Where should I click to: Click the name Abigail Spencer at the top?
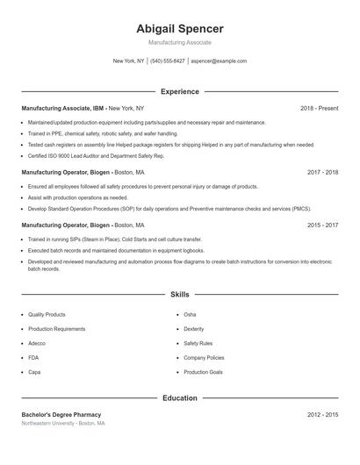pyautogui.click(x=180, y=28)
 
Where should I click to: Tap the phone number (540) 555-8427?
pyautogui.click(x=168, y=61)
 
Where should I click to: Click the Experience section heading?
pyautogui.click(x=180, y=91)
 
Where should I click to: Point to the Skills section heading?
pyautogui.click(x=180, y=295)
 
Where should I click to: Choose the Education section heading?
pyautogui.click(x=180, y=398)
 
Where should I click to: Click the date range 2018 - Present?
pyautogui.click(x=319, y=108)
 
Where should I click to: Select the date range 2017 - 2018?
pyautogui.click(x=322, y=173)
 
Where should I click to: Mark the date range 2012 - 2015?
pyautogui.click(x=322, y=414)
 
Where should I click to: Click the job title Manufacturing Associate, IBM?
pyautogui.click(x=62, y=108)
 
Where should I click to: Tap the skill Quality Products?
pyautogui.click(x=47, y=314)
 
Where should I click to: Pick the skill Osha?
pyautogui.click(x=190, y=314)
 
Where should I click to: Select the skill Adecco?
pyautogui.click(x=37, y=343)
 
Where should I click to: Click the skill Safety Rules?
pyautogui.click(x=198, y=343)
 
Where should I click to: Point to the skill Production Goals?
pyautogui.click(x=203, y=372)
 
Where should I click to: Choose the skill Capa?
pyautogui.click(x=34, y=372)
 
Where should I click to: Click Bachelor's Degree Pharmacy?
pyautogui.click(x=61, y=414)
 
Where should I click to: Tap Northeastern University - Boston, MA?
pyautogui.click(x=63, y=424)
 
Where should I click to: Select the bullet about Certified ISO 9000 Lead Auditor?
pyautogui.click(x=84, y=155)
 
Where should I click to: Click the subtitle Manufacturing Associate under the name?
pyautogui.click(x=180, y=42)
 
